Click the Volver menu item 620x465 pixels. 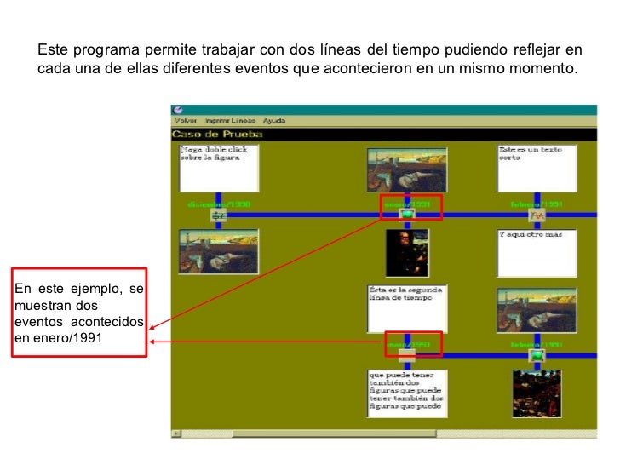point(186,121)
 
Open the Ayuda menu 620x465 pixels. point(273,121)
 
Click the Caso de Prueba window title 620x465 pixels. point(218,134)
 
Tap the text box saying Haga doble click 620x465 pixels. point(218,168)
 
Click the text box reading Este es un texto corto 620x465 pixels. point(537,168)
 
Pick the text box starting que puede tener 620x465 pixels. point(407,393)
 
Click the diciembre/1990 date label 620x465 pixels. point(218,204)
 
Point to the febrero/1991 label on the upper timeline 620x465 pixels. point(537,204)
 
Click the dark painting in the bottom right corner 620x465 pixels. point(536,393)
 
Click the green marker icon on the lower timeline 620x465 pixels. point(537,354)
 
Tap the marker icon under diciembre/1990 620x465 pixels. point(218,215)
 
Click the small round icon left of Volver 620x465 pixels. point(178,109)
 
